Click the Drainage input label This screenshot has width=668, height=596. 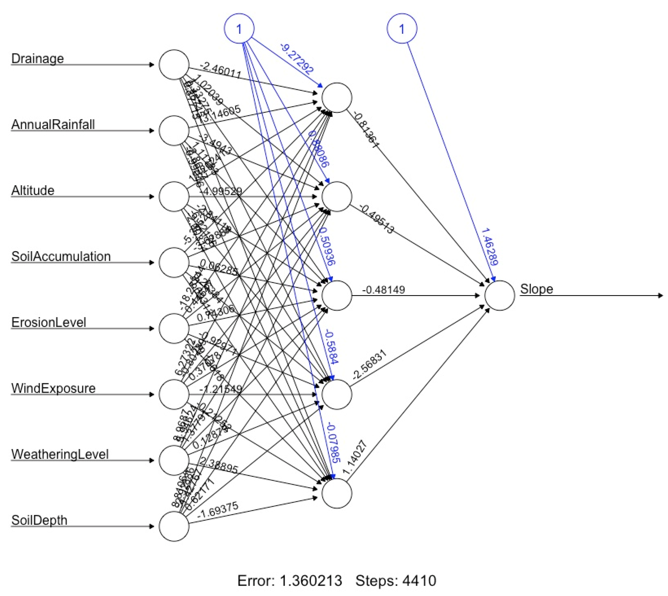click(37, 59)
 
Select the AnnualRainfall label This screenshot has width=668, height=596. click(53, 125)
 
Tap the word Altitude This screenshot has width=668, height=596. click(33, 191)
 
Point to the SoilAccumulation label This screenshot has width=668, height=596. click(61, 256)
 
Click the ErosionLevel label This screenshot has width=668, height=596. click(48, 323)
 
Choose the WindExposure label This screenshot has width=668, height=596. click(53, 388)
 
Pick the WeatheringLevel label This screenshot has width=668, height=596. click(60, 455)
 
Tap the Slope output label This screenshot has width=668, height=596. click(536, 289)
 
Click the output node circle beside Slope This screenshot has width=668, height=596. click(500, 295)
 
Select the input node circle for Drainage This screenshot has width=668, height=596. click(174, 65)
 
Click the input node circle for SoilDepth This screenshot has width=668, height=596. click(174, 526)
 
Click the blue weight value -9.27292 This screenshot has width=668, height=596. click(297, 58)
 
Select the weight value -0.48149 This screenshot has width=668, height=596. click(384, 290)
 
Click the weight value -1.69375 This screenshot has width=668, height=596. click(217, 510)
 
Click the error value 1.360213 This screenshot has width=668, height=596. click(310, 581)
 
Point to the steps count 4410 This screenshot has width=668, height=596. click(419, 581)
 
